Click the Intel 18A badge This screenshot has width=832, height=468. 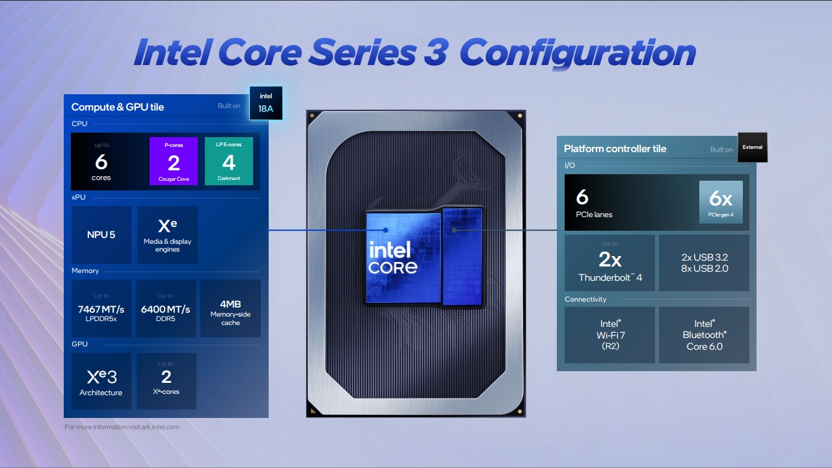click(266, 103)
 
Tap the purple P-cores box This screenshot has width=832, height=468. click(174, 161)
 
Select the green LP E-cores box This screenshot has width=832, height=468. click(229, 161)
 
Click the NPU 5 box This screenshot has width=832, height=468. click(101, 235)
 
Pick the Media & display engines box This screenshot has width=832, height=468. click(167, 235)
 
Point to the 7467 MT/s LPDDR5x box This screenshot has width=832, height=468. click(101, 308)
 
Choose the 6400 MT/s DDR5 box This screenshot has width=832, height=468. click(166, 308)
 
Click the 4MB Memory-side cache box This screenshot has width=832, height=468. click(230, 308)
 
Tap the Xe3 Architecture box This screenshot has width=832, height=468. click(101, 381)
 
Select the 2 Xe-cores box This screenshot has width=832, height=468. click(166, 381)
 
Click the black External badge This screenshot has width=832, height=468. click(752, 147)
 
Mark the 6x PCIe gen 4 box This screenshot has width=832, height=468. click(721, 202)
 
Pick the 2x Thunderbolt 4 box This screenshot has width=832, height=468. click(610, 263)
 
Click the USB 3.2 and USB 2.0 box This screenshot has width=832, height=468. click(704, 263)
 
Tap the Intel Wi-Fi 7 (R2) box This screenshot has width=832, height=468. click(610, 335)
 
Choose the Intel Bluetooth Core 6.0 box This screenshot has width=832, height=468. click(704, 335)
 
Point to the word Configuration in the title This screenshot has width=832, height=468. click(578, 53)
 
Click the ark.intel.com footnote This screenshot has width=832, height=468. click(122, 427)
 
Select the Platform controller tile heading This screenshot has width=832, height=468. click(615, 149)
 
